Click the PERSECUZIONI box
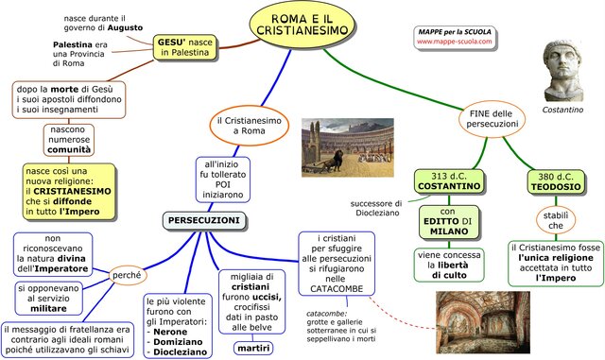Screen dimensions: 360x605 203,220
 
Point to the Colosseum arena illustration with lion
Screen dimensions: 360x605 347,147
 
